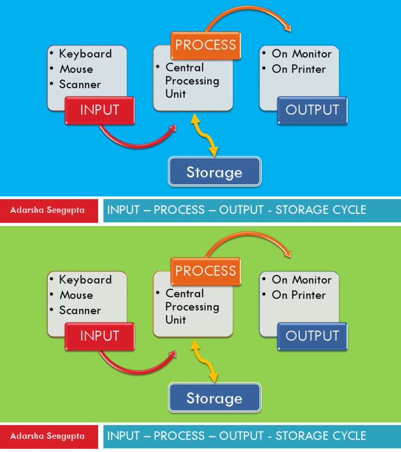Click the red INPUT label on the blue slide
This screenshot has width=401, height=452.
[x=100, y=110]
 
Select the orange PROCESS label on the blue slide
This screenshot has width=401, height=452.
[x=206, y=45]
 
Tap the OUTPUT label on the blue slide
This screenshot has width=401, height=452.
[x=312, y=110]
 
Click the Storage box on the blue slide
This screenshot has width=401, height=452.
[x=214, y=172]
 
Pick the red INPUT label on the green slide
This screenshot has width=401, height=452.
[x=100, y=336]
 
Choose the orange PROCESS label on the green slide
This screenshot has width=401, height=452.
[x=206, y=271]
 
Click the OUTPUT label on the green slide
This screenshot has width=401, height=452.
[x=312, y=336]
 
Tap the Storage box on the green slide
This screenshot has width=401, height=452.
[x=214, y=398]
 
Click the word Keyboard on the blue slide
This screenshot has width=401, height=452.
[x=85, y=54]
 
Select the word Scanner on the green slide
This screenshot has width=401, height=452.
[x=80, y=311]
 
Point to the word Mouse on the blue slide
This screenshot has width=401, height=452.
[x=76, y=69]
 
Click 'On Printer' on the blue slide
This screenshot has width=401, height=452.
[x=299, y=69]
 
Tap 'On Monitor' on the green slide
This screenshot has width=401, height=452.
[x=301, y=280]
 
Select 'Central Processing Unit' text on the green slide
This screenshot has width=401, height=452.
[x=191, y=307]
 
